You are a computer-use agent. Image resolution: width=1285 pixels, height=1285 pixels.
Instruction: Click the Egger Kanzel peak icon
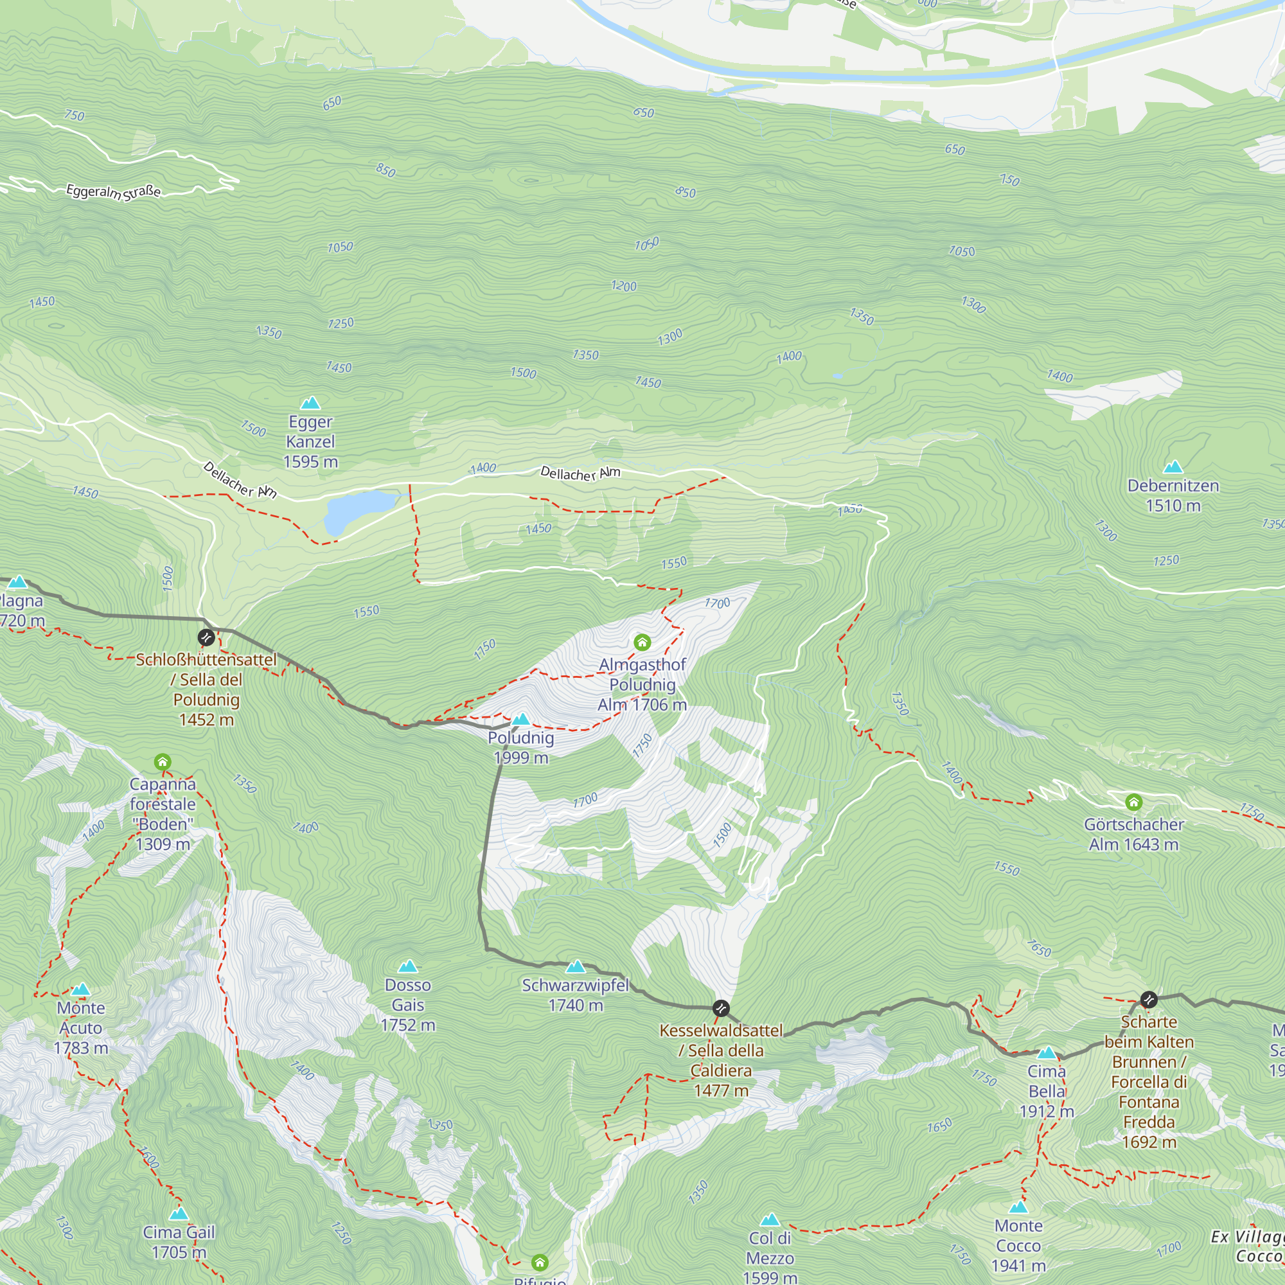(310, 403)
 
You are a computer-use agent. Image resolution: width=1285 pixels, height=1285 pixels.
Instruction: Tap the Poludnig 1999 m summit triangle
(521, 719)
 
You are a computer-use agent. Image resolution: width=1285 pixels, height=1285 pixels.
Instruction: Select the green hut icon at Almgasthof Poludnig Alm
(642, 642)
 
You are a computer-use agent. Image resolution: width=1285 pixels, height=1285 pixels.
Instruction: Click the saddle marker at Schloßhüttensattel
(206, 638)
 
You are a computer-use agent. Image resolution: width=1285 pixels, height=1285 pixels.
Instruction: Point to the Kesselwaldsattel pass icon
(721, 1008)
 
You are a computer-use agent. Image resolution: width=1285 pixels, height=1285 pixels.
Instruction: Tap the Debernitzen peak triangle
(1173, 467)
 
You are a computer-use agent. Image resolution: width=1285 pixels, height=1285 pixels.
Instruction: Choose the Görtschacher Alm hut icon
(1134, 802)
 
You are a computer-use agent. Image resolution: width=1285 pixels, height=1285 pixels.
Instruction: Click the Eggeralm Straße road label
(113, 192)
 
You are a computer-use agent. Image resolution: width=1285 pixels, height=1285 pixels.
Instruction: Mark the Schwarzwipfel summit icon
(575, 966)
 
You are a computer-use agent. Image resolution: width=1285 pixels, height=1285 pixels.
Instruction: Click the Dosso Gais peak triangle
(408, 966)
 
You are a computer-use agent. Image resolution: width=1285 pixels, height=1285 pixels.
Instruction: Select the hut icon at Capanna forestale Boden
(163, 761)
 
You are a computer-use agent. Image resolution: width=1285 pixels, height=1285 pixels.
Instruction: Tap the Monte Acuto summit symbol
(81, 989)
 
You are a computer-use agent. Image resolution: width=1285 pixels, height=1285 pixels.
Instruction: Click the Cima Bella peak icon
(1047, 1053)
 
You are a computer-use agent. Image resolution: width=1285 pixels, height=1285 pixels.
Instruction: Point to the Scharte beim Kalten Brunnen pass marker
(1149, 1000)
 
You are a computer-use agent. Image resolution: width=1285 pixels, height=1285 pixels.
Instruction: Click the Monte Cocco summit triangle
(1018, 1207)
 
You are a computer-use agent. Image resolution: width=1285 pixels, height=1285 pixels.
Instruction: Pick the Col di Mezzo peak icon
(770, 1220)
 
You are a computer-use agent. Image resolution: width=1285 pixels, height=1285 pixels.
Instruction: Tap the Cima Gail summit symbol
(178, 1214)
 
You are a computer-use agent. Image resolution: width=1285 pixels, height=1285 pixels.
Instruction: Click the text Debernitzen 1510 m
(1173, 495)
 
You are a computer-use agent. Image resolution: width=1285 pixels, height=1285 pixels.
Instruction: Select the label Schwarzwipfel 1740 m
(575, 995)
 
